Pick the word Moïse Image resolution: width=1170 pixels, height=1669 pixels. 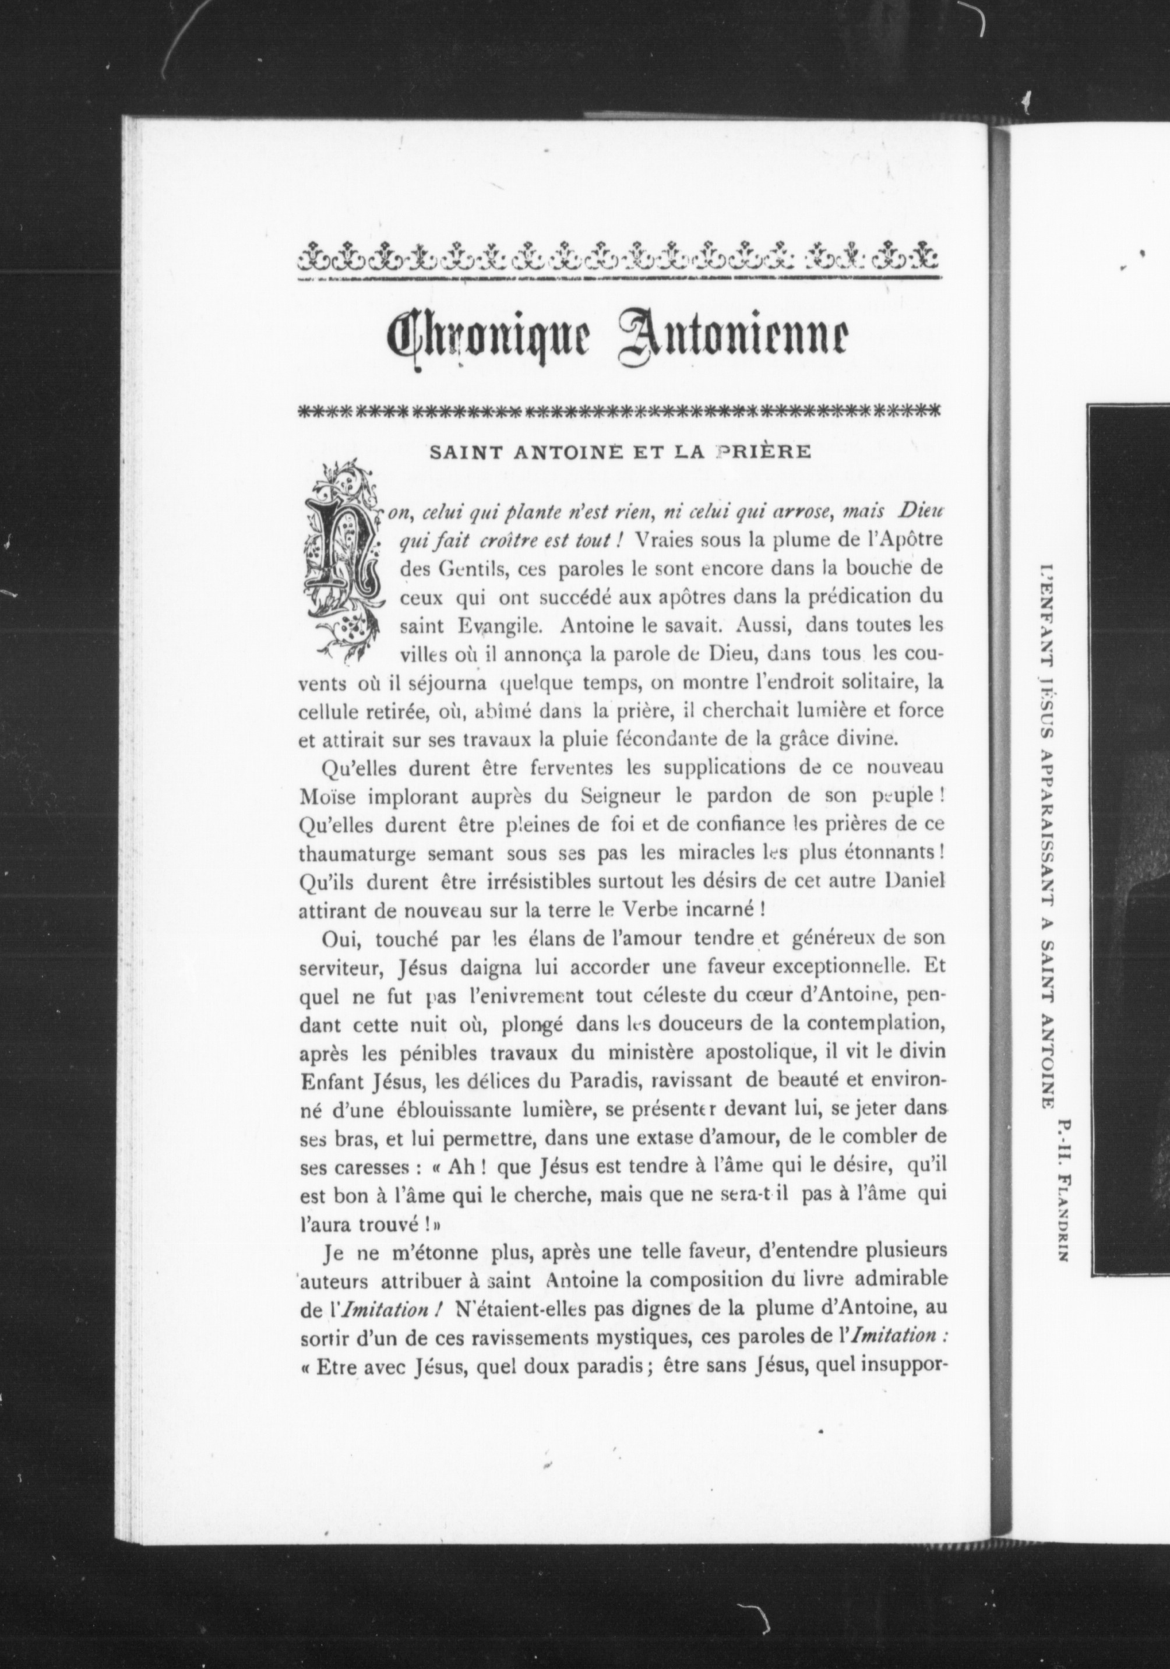(327, 796)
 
